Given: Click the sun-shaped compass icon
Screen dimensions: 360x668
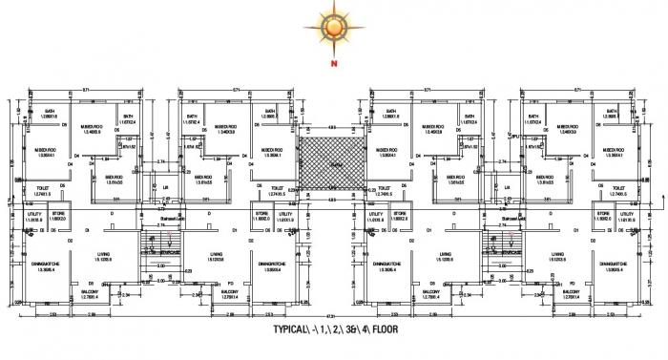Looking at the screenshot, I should point(334,26).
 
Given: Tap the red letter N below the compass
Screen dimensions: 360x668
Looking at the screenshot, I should point(334,65).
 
